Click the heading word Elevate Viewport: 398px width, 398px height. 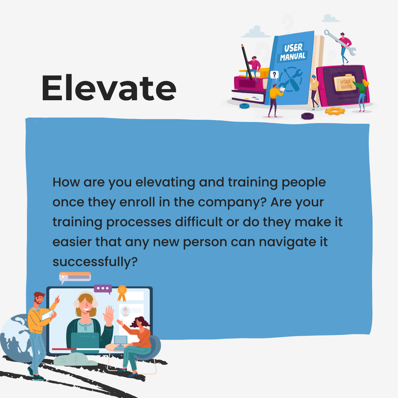tap(109, 88)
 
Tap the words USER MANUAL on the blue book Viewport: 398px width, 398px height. tap(293, 52)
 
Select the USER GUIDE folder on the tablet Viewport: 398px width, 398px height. tap(345, 83)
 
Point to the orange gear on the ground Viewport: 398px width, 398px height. tap(335, 111)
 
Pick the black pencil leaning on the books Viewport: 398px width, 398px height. tap(247, 62)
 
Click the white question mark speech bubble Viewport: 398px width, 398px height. tap(274, 75)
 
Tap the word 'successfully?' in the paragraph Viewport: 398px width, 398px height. tap(95, 262)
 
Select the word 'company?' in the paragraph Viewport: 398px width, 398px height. tap(232, 203)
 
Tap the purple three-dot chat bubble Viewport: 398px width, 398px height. tap(103, 289)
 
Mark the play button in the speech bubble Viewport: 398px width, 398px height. tap(63, 276)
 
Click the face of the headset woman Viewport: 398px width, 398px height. tap(85, 304)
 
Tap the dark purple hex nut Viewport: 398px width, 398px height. tap(307, 116)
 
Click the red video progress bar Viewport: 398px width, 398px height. tap(64, 349)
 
